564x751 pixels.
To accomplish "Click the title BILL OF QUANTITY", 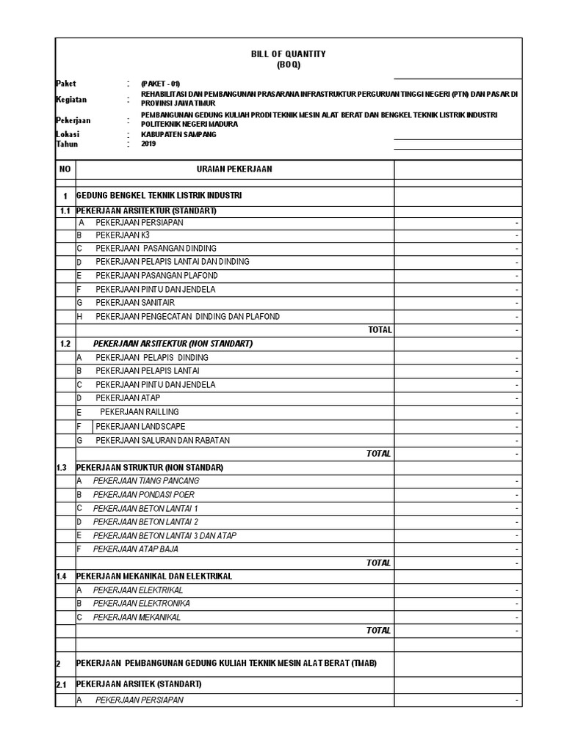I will (289, 54).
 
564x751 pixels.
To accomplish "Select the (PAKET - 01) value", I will (160, 84).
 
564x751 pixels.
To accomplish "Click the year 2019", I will (148, 144).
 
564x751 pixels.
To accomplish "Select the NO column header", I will (65, 169).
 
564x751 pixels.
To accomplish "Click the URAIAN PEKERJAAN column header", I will (234, 169).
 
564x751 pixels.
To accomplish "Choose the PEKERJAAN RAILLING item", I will (140, 412).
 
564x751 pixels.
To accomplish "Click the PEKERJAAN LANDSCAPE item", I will (140, 426).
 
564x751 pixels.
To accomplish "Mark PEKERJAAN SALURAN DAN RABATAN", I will (162, 440).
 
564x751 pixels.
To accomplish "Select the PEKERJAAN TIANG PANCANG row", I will (145, 481).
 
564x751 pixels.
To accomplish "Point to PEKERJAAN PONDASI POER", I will (143, 494).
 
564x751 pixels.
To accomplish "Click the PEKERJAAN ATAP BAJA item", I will (135, 549).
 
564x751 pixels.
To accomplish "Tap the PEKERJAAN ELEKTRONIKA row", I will (141, 604).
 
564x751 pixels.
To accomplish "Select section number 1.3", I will (62, 467).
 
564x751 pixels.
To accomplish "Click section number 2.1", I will (62, 684).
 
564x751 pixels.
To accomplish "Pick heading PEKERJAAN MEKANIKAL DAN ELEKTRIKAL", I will (154, 576).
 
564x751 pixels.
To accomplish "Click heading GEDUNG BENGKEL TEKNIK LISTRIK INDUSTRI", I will (159, 196).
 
